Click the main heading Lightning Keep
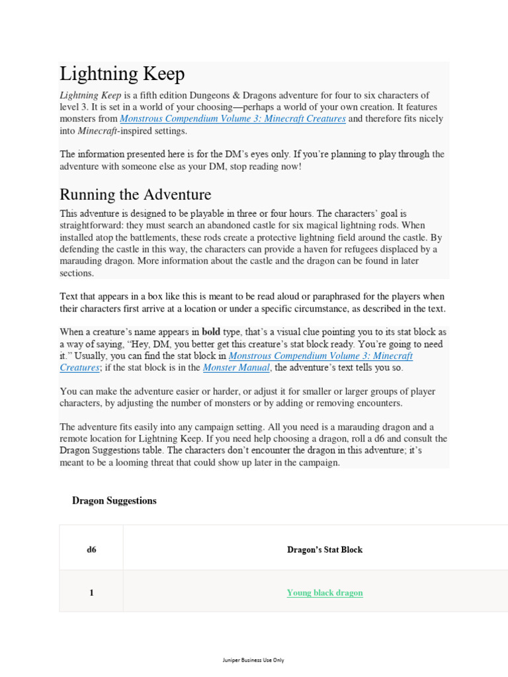click(x=122, y=74)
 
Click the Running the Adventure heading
click(x=136, y=194)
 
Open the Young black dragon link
click(x=325, y=593)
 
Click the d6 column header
click(x=91, y=549)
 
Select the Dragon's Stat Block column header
click(x=325, y=549)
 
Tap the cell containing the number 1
click(x=91, y=593)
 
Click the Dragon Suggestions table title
click(x=114, y=500)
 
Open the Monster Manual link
click(x=236, y=368)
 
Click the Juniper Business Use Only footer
click(x=254, y=660)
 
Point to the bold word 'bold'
click(x=211, y=332)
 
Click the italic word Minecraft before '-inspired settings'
click(x=98, y=131)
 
